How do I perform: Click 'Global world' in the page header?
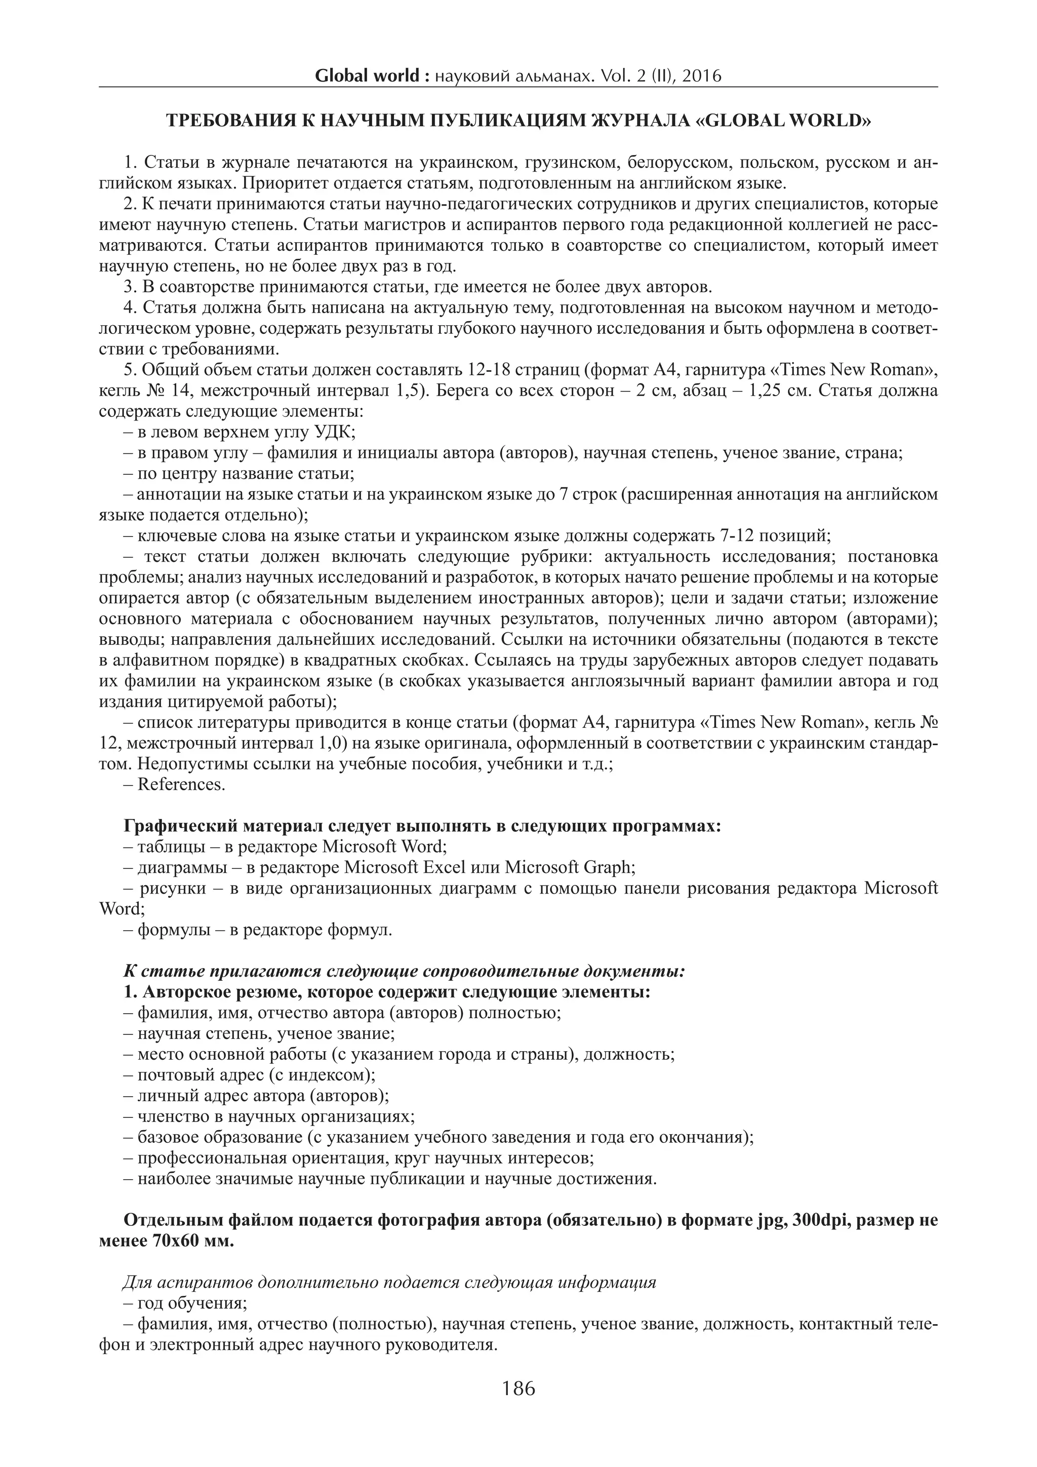coord(367,76)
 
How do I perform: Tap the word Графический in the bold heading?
coord(181,826)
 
